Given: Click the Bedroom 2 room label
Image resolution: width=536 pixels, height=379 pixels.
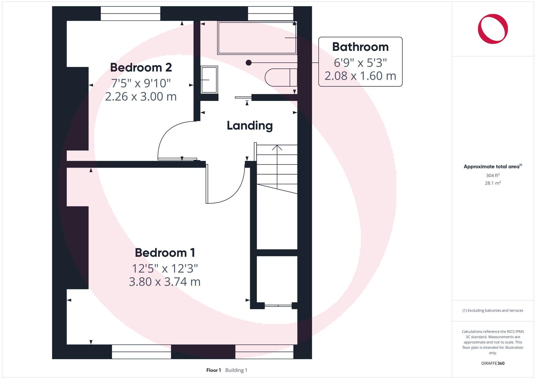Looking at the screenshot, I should (141, 67).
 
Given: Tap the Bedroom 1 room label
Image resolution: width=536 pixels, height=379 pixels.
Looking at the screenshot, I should (165, 253).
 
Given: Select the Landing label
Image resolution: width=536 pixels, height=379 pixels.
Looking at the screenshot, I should (250, 126).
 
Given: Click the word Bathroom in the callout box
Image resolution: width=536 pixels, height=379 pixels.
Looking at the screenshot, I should (360, 47).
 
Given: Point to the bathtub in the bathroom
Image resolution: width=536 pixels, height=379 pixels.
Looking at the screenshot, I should (257, 38).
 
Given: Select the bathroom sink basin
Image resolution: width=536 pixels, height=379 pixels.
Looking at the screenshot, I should (209, 80).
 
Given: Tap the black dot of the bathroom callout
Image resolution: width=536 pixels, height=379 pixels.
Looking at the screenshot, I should (248, 63).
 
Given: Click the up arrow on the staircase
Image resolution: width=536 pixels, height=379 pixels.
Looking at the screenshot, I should (277, 148).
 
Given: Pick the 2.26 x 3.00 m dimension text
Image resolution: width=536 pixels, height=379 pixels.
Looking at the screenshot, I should (141, 96).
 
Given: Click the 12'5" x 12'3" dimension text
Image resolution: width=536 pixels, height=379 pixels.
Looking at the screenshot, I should (165, 268).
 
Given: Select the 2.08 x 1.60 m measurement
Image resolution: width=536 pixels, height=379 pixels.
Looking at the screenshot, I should (360, 76).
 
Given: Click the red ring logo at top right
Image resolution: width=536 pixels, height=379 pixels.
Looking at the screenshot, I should (493, 29).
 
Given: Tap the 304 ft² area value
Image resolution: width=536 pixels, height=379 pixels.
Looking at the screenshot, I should (493, 175).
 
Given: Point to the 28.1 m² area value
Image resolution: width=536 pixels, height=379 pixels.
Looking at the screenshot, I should (493, 183).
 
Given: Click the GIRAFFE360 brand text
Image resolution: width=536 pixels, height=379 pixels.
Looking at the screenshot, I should (493, 363).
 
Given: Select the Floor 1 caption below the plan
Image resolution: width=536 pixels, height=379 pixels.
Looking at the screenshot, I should (214, 370).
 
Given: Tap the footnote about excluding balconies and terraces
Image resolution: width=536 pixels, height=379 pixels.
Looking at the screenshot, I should (493, 310).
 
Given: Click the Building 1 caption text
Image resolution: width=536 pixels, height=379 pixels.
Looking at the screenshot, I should (236, 370).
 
